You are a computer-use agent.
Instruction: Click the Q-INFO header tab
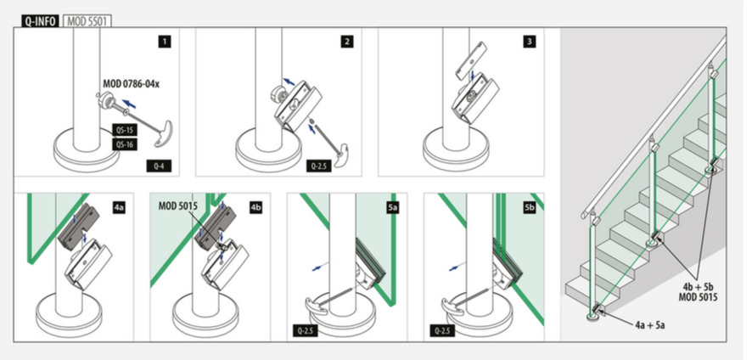tap(40, 21)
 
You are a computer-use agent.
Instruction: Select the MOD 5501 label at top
tap(87, 21)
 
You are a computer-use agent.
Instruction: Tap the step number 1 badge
tap(165, 42)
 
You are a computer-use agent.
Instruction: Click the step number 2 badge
tap(347, 42)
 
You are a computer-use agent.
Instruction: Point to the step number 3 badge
tap(529, 42)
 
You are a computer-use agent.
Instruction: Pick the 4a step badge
tap(119, 208)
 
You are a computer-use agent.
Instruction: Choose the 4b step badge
tap(255, 208)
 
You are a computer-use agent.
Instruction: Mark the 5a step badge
tap(392, 208)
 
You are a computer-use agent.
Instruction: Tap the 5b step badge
tap(529, 208)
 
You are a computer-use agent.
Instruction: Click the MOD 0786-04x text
tap(131, 84)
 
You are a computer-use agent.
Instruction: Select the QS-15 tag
tap(125, 130)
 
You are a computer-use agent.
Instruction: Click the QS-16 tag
tap(125, 144)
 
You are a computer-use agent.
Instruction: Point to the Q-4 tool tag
tap(159, 166)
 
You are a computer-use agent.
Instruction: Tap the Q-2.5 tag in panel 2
tap(319, 166)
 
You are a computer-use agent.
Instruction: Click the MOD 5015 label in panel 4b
tap(178, 206)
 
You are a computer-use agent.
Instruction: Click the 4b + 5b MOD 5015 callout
tap(698, 292)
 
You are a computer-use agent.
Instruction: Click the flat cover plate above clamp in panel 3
tap(471, 61)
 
